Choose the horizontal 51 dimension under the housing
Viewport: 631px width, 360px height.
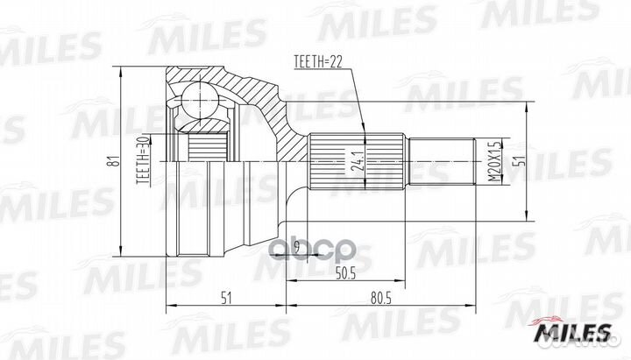227,297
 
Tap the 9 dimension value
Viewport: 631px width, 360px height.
297,246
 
